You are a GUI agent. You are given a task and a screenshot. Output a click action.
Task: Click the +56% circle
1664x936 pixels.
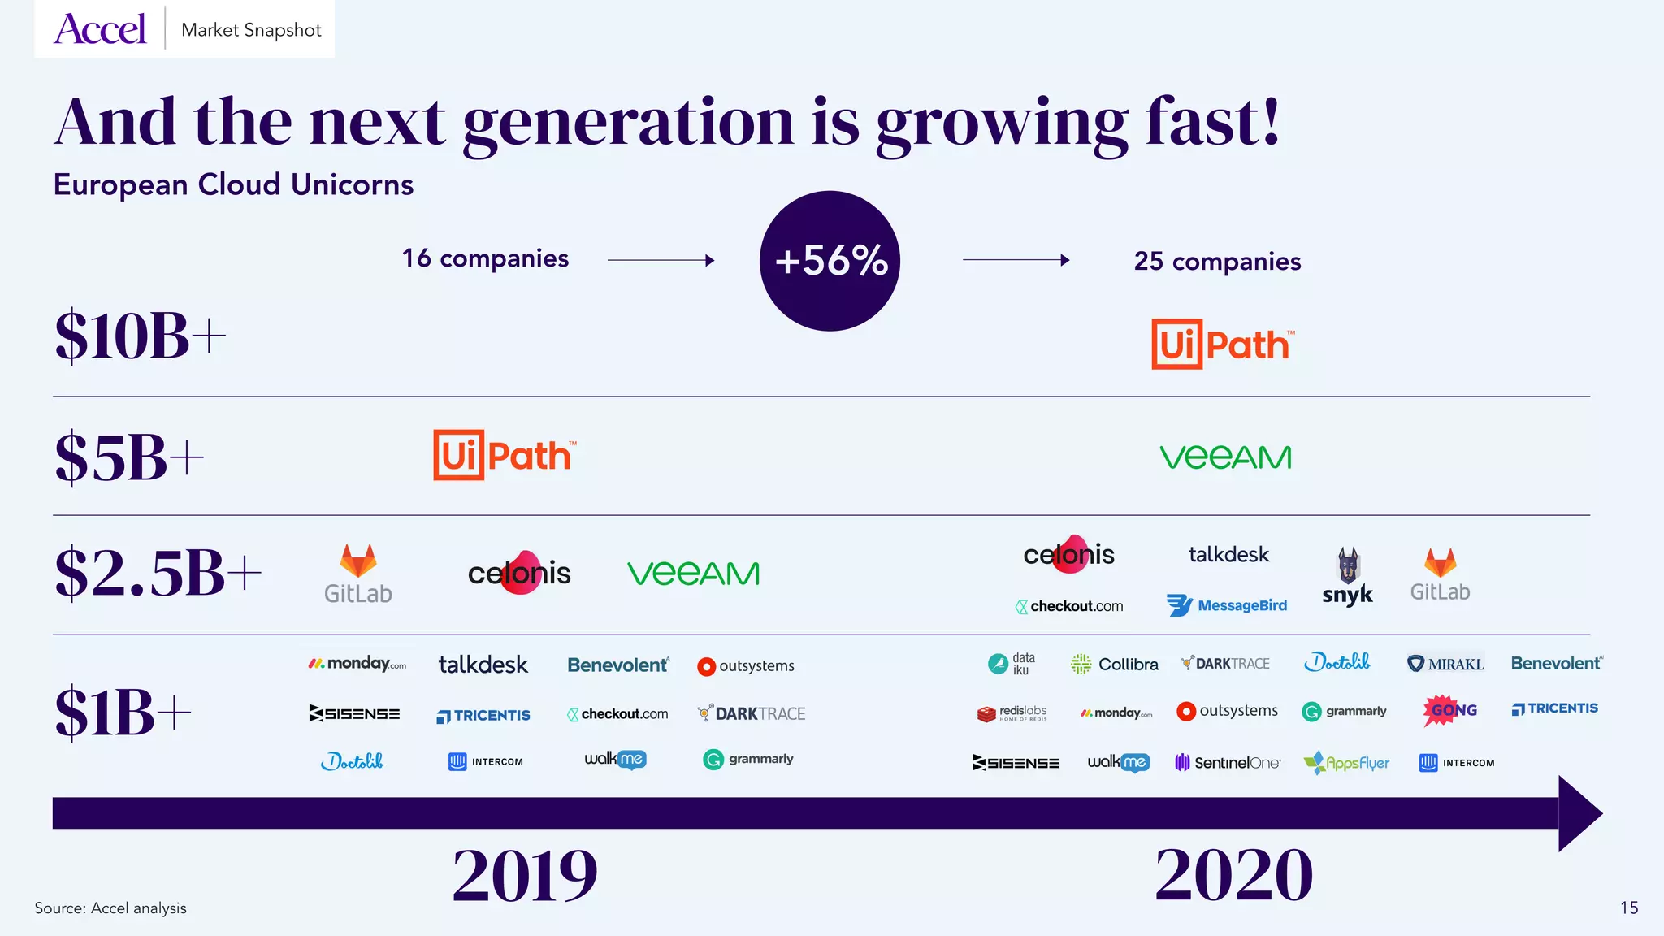pyautogui.click(x=830, y=261)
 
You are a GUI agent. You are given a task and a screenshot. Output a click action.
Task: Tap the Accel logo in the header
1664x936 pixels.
pyautogui.click(x=100, y=29)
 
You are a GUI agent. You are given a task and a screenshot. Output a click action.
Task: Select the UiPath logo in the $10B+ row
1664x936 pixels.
pyautogui.click(x=1222, y=344)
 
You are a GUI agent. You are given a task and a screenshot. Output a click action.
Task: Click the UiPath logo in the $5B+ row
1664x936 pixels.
pyautogui.click(x=505, y=455)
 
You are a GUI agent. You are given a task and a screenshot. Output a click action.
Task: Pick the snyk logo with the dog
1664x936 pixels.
pyautogui.click(x=1347, y=577)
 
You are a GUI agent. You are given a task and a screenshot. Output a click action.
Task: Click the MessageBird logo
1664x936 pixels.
pyautogui.click(x=1227, y=605)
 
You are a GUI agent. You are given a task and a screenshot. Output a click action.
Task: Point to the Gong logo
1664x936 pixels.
pyautogui.click(x=1451, y=710)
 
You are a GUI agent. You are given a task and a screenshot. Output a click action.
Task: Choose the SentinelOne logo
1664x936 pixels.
pyautogui.click(x=1228, y=762)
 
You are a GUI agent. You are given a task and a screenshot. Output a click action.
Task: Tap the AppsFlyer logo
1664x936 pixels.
pyautogui.click(x=1346, y=763)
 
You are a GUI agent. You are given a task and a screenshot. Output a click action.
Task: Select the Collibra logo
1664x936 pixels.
pyautogui.click(x=1115, y=664)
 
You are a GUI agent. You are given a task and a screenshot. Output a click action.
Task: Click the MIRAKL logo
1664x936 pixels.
pyautogui.click(x=1445, y=664)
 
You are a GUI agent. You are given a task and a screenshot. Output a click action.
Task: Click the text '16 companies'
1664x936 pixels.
pyautogui.click(x=485, y=258)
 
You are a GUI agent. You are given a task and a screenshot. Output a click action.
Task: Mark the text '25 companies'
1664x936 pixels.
pyautogui.click(x=1217, y=262)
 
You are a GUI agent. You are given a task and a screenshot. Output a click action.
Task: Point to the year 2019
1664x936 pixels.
pyautogui.click(x=525, y=875)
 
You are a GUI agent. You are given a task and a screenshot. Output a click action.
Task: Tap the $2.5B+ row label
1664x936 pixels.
pyautogui.click(x=158, y=573)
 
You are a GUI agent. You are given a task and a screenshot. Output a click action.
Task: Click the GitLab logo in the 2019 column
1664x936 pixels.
pyautogui.click(x=358, y=574)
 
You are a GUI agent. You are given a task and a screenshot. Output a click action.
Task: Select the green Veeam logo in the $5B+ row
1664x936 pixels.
pyautogui.click(x=1225, y=457)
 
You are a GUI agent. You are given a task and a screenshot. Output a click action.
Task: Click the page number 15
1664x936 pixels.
pyautogui.click(x=1628, y=908)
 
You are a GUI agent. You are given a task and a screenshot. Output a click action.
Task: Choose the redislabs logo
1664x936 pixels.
pyautogui.click(x=1012, y=713)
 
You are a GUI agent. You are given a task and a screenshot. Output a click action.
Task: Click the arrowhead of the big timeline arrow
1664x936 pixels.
pyautogui.click(x=1579, y=813)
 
